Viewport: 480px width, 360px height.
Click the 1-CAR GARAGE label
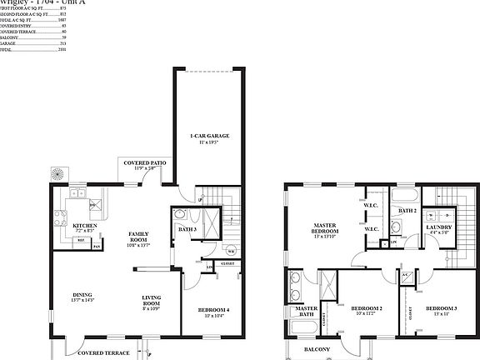[209, 136]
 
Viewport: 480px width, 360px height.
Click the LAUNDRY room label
[438, 227]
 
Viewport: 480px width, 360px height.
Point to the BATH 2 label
[407, 212]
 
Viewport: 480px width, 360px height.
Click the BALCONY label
[317, 348]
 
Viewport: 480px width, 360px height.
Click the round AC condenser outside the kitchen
[59, 175]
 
